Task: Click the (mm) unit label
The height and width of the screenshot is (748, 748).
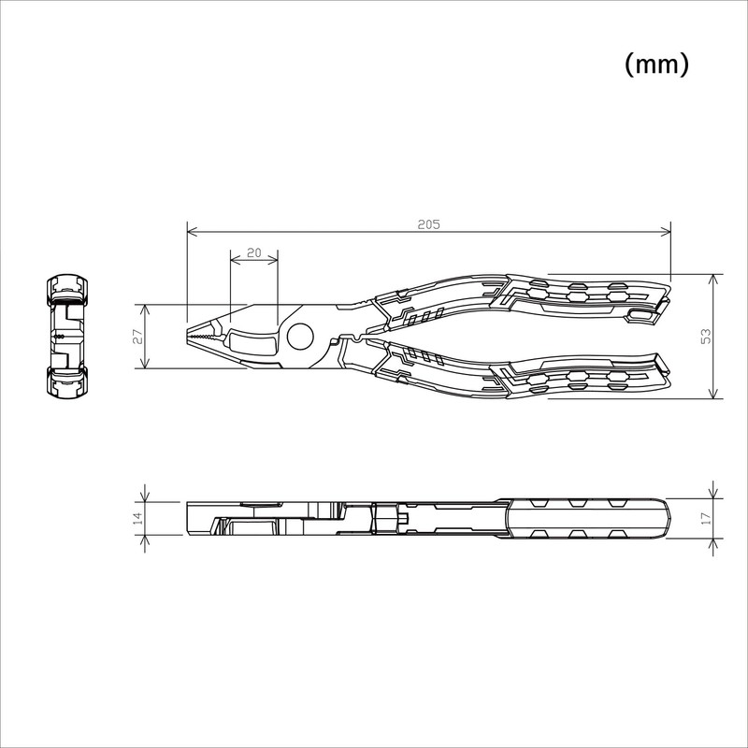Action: pos(655,65)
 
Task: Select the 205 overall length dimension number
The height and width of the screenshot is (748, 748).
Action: pos(428,224)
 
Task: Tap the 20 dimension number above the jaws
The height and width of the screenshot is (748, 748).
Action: pos(253,252)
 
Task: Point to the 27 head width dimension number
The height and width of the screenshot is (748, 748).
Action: pos(137,337)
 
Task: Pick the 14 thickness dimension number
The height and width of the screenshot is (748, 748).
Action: pos(137,517)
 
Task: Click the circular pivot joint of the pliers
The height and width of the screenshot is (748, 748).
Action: pos(300,337)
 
